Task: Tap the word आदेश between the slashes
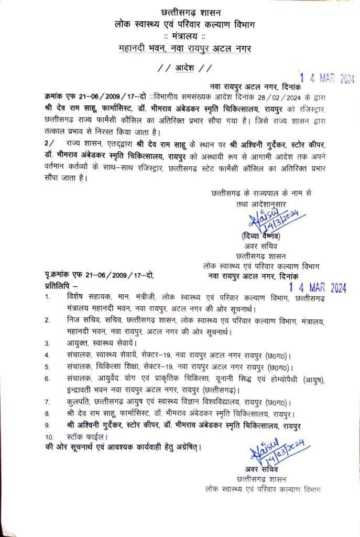point(184,68)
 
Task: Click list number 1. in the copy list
point(48,297)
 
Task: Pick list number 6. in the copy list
point(48,378)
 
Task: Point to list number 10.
point(49,436)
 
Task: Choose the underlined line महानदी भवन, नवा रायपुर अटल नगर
point(184,48)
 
